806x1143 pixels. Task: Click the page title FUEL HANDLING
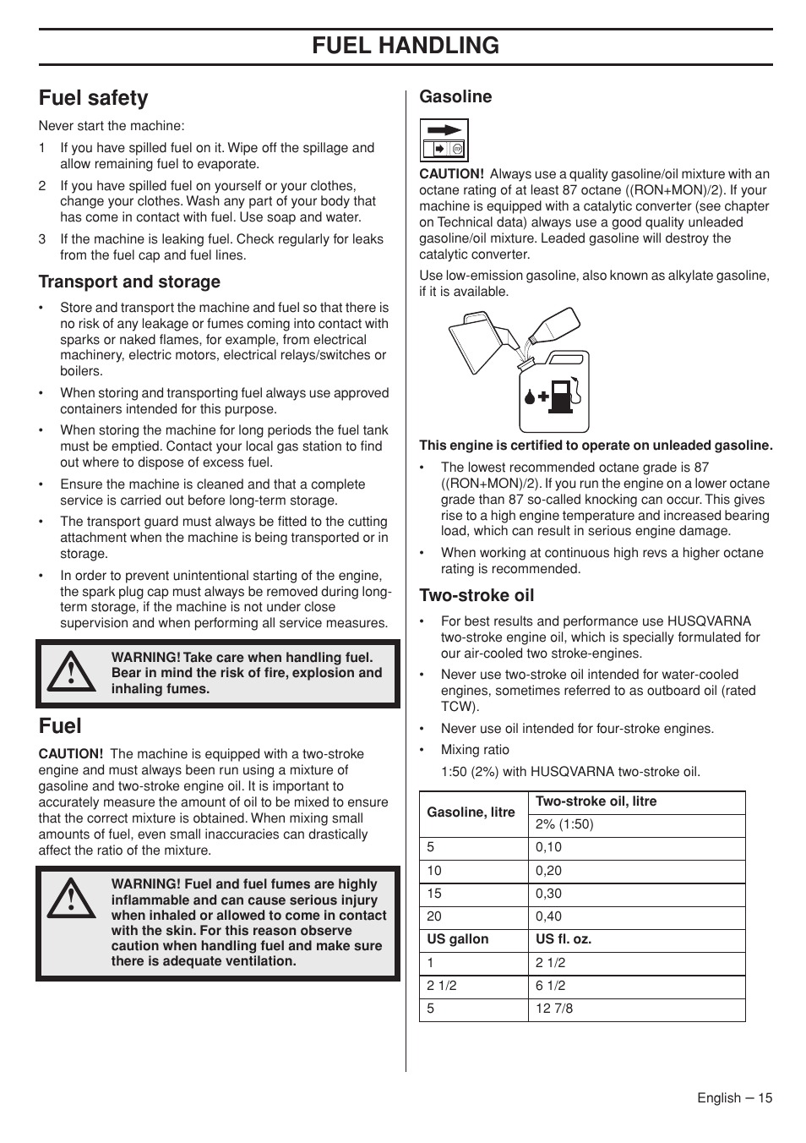pyautogui.click(x=405, y=46)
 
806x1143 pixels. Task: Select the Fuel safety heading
pyautogui.click(x=93, y=98)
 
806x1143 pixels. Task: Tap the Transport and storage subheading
pyautogui.click(x=129, y=282)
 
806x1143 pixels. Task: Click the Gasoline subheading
pyautogui.click(x=455, y=96)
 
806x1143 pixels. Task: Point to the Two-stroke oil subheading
pyautogui.click(x=477, y=595)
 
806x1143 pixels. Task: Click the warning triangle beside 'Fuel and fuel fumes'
pyautogui.click(x=71, y=897)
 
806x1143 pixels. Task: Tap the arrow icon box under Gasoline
pyautogui.click(x=444, y=139)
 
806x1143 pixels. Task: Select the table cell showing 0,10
pyautogui.click(x=548, y=847)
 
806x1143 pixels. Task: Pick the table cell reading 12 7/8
pyautogui.click(x=553, y=1008)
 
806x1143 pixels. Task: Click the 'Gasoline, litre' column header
pyautogui.click(x=471, y=812)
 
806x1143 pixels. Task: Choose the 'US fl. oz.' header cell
pyautogui.click(x=563, y=939)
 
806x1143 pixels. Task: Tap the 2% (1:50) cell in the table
pyautogui.click(x=564, y=824)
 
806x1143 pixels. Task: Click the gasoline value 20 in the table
pyautogui.click(x=434, y=916)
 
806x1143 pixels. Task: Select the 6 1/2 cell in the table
pyautogui.click(x=550, y=985)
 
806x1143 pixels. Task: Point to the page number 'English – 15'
pyautogui.click(x=734, y=1098)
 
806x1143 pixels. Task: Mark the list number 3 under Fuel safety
pyautogui.click(x=42, y=239)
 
